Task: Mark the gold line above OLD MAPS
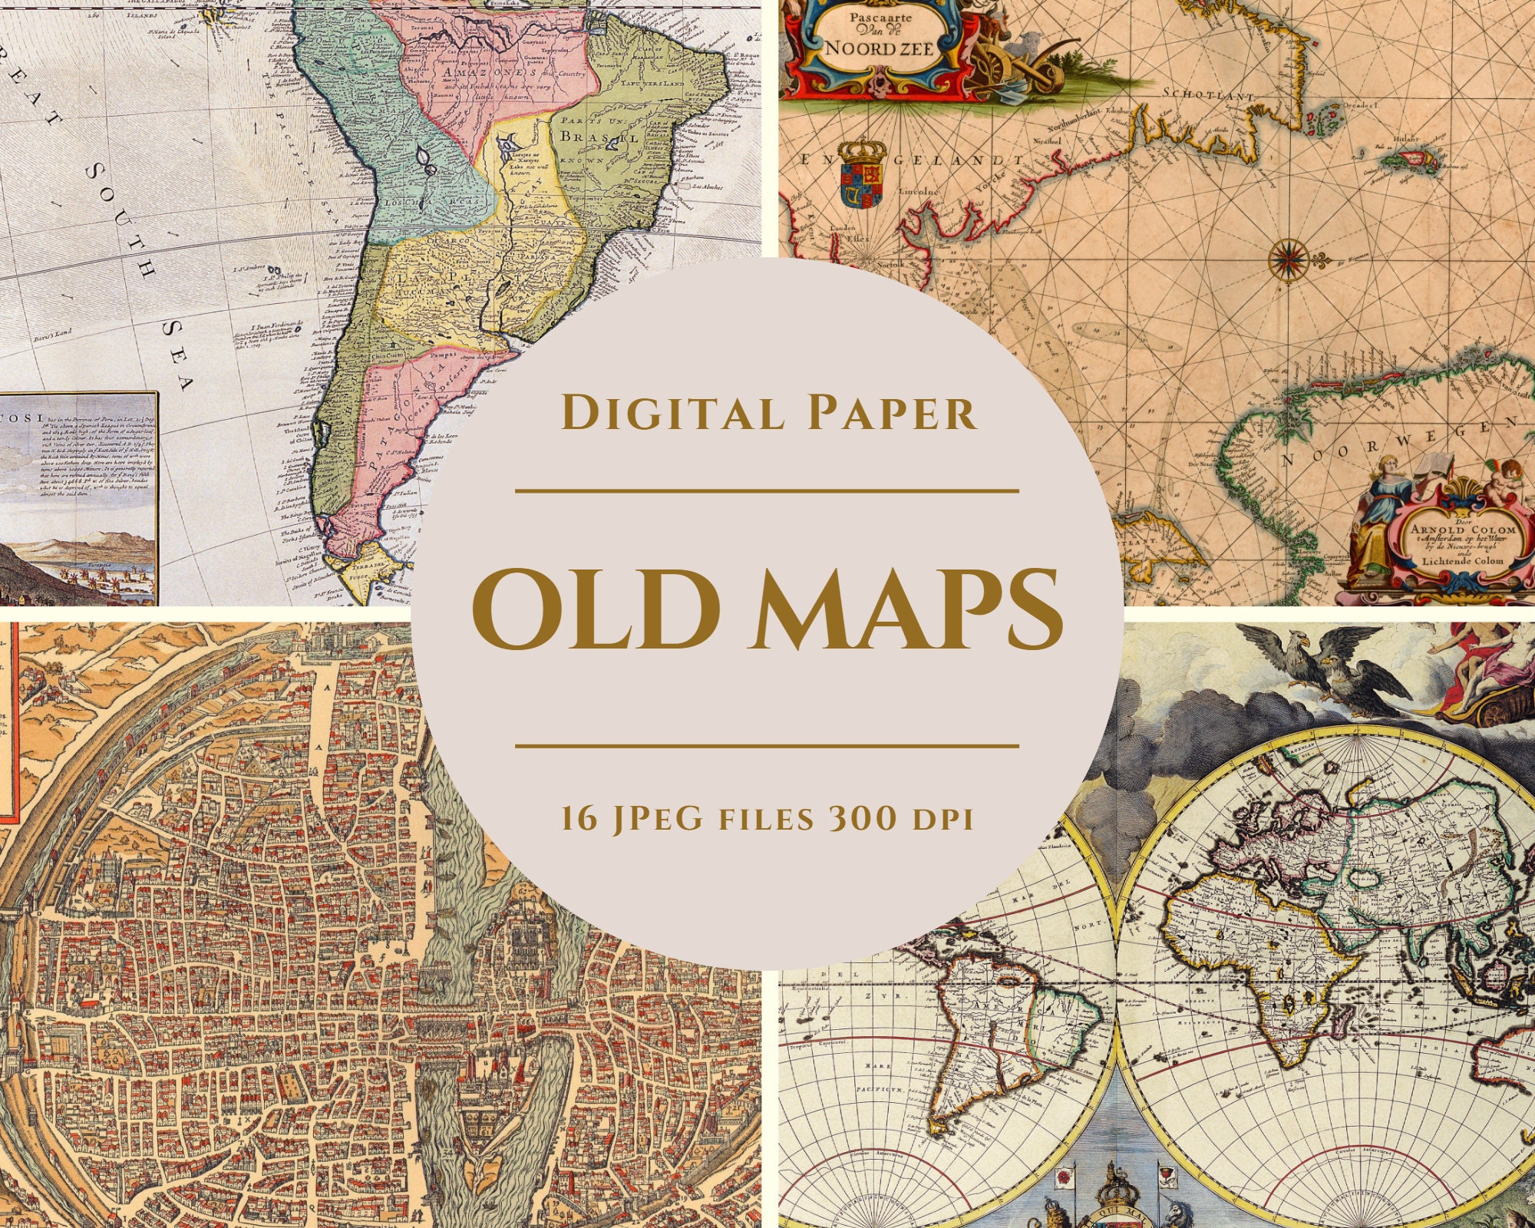pyautogui.click(x=767, y=490)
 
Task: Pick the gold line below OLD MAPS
pyautogui.click(x=767, y=744)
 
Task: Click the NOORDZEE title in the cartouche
pyautogui.click(x=880, y=48)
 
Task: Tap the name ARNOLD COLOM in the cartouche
pyautogui.click(x=1463, y=529)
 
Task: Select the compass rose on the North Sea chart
pyautogui.click(x=1289, y=259)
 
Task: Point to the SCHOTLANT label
pyautogui.click(x=1208, y=94)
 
